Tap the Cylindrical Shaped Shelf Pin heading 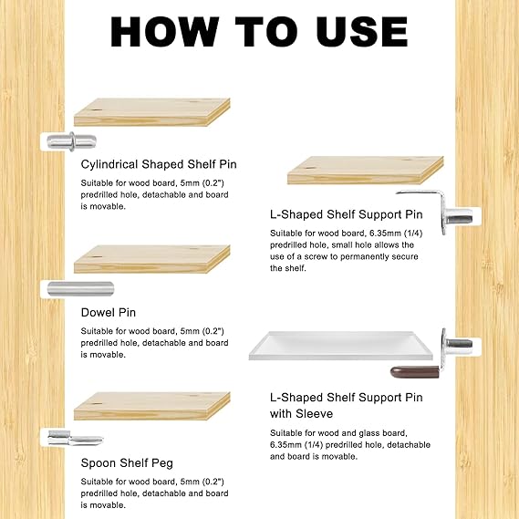159,165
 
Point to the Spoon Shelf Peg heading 128,462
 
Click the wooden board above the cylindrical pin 151,113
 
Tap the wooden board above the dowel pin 151,259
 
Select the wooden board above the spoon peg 151,407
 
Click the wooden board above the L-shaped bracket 365,171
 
